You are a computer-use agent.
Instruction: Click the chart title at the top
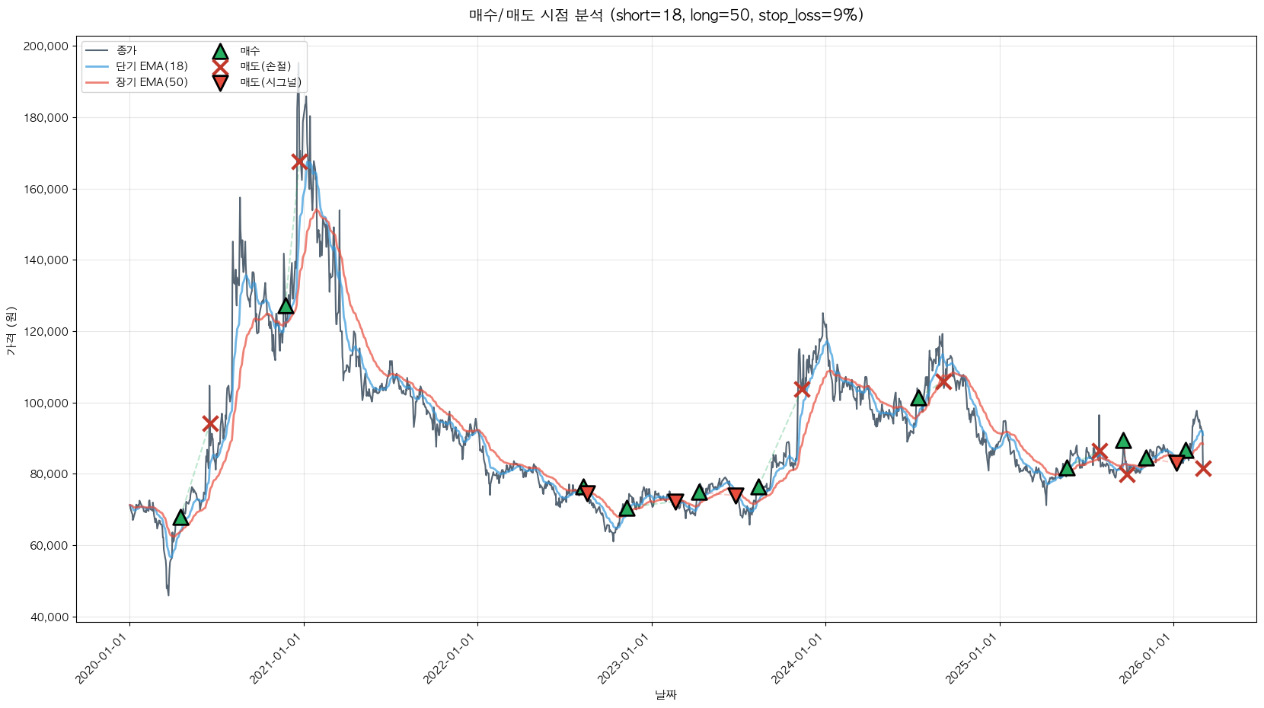coord(666,15)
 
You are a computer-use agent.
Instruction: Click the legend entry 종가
coord(126,51)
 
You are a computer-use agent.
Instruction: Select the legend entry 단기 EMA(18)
coord(152,66)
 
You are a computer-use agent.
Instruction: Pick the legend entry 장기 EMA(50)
coord(152,82)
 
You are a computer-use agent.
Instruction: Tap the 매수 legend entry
coord(250,51)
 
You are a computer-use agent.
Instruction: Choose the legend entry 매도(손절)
coord(265,66)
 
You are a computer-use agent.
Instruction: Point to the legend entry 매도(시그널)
coord(270,82)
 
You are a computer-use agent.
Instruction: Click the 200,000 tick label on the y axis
coord(46,46)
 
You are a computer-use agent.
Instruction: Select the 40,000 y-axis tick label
coord(49,617)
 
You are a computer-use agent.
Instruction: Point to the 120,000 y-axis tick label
coord(46,332)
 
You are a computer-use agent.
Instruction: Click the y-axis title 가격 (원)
coord(11,331)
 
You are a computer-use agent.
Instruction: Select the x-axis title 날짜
coord(666,694)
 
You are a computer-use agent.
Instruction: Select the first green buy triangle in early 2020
coord(180,518)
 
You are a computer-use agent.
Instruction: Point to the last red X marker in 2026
coord(1203,468)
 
